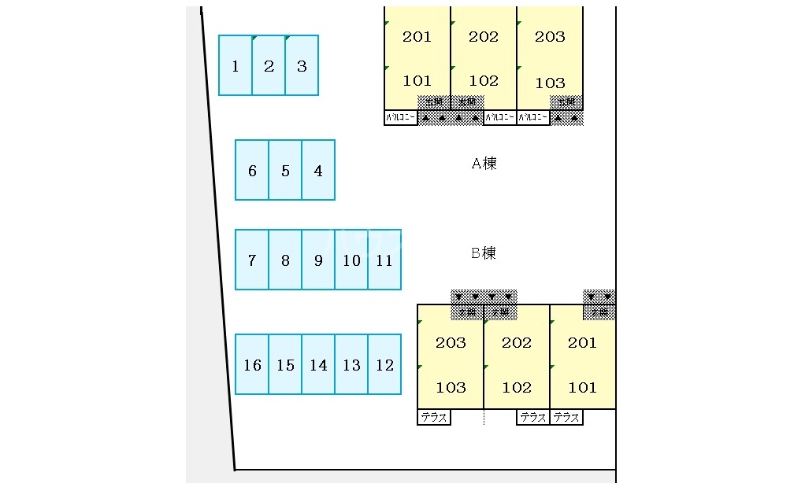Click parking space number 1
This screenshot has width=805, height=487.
point(236,65)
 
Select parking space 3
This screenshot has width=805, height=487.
point(302,65)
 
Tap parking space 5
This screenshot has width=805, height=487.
point(285,170)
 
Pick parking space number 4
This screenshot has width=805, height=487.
point(318,170)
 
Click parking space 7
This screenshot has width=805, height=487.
point(252,260)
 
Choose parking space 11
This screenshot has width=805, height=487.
point(384,260)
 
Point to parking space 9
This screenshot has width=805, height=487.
point(318,260)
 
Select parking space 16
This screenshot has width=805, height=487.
point(252,364)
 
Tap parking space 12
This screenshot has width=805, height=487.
point(384,364)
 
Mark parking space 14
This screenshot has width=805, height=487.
point(318,364)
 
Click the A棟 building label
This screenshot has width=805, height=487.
point(484,164)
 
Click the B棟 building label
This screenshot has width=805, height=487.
point(484,253)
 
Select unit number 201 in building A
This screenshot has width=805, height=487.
point(417,37)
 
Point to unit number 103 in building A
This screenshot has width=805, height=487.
point(550,83)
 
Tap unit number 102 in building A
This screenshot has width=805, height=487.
point(483,80)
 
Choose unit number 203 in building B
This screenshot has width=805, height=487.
point(451,342)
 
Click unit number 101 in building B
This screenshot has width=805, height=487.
point(583,387)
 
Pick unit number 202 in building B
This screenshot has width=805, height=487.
point(517,342)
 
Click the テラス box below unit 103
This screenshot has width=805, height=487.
point(433,418)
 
